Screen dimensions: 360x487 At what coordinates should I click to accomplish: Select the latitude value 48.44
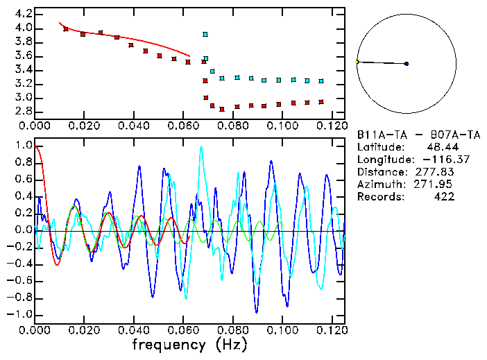point(440,146)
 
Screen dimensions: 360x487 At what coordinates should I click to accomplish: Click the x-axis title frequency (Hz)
point(188,344)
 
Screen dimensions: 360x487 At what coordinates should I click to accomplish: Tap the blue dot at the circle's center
point(407,64)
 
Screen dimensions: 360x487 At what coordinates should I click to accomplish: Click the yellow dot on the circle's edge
point(357,62)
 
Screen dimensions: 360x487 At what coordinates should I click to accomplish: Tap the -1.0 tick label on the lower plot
point(21,314)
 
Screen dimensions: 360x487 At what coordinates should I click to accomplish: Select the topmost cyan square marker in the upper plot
point(205,34)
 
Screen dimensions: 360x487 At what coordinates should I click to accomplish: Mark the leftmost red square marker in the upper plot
point(66,29)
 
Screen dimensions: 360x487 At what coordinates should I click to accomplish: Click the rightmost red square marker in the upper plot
point(321,101)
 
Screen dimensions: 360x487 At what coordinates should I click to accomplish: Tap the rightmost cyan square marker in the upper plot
point(321,81)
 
